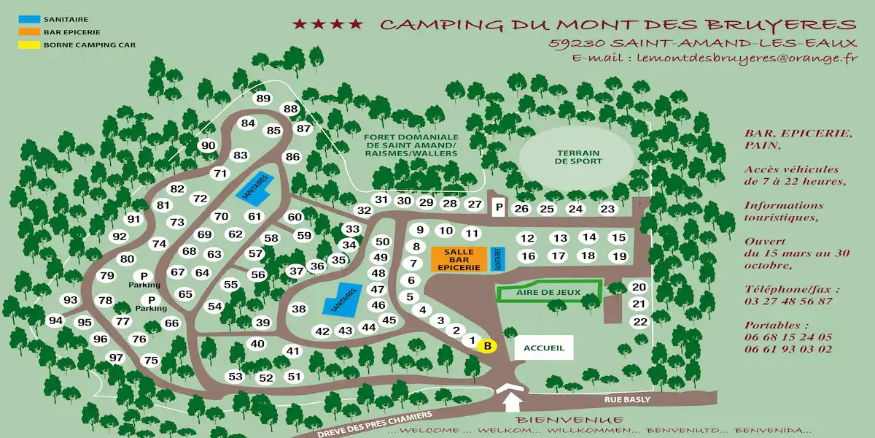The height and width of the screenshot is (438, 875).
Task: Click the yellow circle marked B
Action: pos(486,346)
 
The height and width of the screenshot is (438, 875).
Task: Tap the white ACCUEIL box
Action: pos(543,347)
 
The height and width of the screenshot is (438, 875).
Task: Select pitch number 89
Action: pos(263,99)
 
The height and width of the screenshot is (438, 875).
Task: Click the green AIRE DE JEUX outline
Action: pos(548,292)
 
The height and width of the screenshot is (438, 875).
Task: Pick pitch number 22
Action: pos(639,322)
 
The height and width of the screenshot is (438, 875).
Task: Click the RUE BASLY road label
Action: pos(626,400)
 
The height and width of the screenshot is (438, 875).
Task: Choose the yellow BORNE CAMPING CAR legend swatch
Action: pos(29,45)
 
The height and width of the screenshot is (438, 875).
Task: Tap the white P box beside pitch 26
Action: pos(499,208)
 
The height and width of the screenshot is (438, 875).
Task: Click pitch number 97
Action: pos(116,357)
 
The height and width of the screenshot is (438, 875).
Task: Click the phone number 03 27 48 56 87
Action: pos(788,301)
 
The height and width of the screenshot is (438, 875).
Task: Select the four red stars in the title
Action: pos(327,25)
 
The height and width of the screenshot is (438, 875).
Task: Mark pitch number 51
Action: pos(294,377)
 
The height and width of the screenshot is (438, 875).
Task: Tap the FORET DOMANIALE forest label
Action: pos(412,145)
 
